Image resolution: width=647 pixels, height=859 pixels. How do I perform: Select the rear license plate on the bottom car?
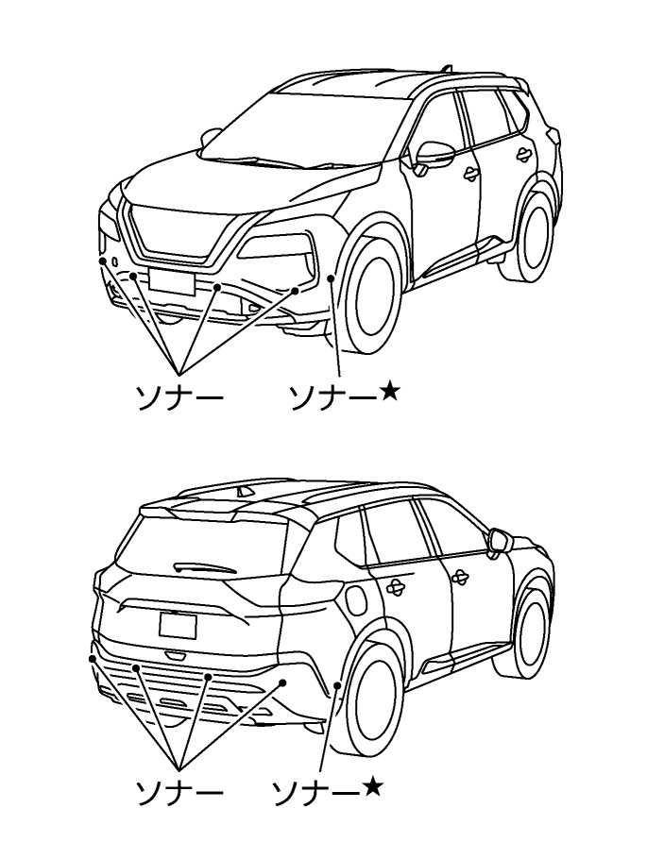179,625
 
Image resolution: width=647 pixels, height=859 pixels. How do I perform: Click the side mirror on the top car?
435,154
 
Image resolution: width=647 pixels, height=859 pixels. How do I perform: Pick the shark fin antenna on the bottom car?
246,490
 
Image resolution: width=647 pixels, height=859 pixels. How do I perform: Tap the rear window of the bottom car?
198,557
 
